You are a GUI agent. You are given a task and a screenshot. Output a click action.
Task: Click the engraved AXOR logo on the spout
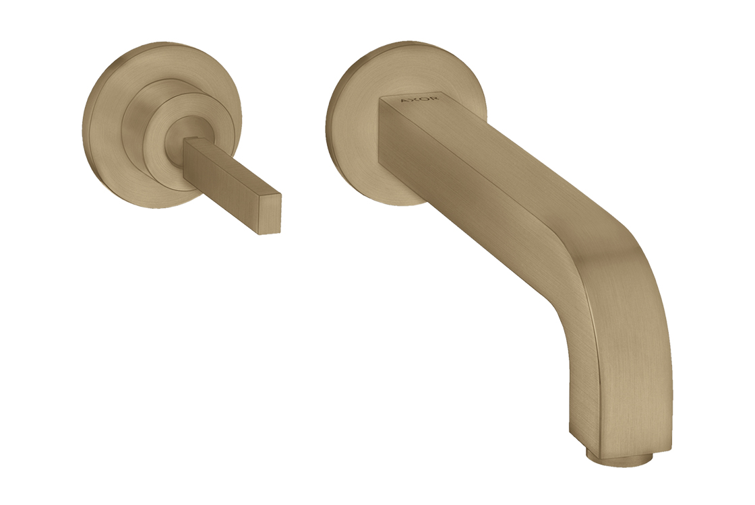(419, 100)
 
